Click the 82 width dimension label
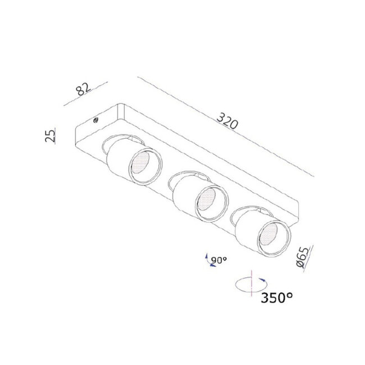(84, 89)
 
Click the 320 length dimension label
(227, 121)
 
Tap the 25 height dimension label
(51, 135)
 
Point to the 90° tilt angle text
(219, 260)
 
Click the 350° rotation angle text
(276, 298)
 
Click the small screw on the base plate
(95, 120)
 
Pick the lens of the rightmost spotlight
(268, 235)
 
